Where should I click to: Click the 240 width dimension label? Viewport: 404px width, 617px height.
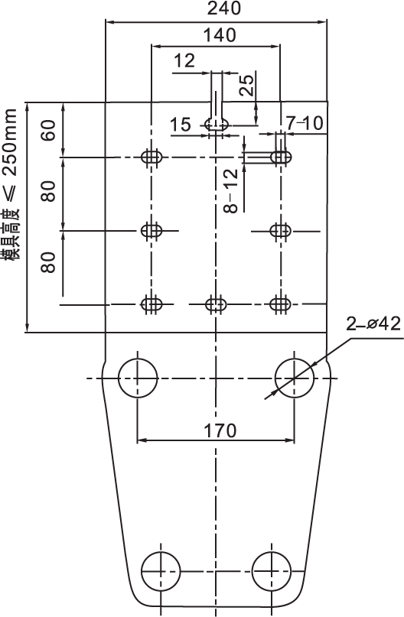coord(224,8)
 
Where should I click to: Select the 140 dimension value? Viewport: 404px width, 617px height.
coord(220,35)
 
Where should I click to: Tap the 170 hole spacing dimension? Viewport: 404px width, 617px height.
coord(220,430)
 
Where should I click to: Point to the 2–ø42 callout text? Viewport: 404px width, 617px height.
coord(373,324)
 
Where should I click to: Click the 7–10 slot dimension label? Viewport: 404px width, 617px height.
coord(305,123)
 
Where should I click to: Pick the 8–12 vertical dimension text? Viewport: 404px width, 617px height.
coord(231,191)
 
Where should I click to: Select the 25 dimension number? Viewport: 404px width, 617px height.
coord(247,86)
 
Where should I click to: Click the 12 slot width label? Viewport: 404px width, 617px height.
coord(184,60)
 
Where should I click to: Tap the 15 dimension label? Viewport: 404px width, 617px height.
coord(181,125)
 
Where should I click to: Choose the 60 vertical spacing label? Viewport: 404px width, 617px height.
coord(48,130)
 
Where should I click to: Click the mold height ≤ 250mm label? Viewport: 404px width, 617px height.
coord(9,184)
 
